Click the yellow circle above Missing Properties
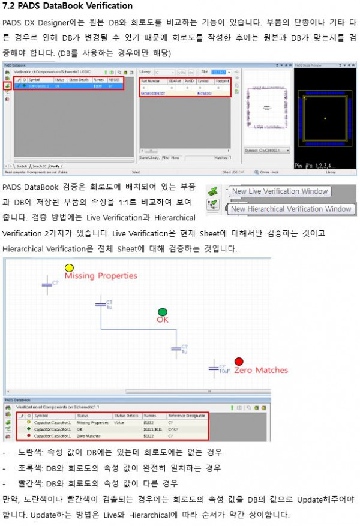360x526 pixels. coord(69,267)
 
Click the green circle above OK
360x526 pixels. coord(162,312)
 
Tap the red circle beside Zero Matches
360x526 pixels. coord(239,362)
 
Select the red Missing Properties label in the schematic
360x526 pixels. coord(101,276)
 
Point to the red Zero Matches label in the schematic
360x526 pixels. coord(261,370)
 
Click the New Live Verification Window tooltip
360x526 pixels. coord(280,191)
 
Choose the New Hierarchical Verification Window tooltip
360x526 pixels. coord(291,209)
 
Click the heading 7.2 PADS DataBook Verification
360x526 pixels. coord(68,7)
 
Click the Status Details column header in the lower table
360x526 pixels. coord(126,415)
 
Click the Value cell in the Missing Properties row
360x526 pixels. coord(119,423)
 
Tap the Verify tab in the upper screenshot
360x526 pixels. coord(55,165)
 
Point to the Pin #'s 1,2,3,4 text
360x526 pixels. coord(317,165)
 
